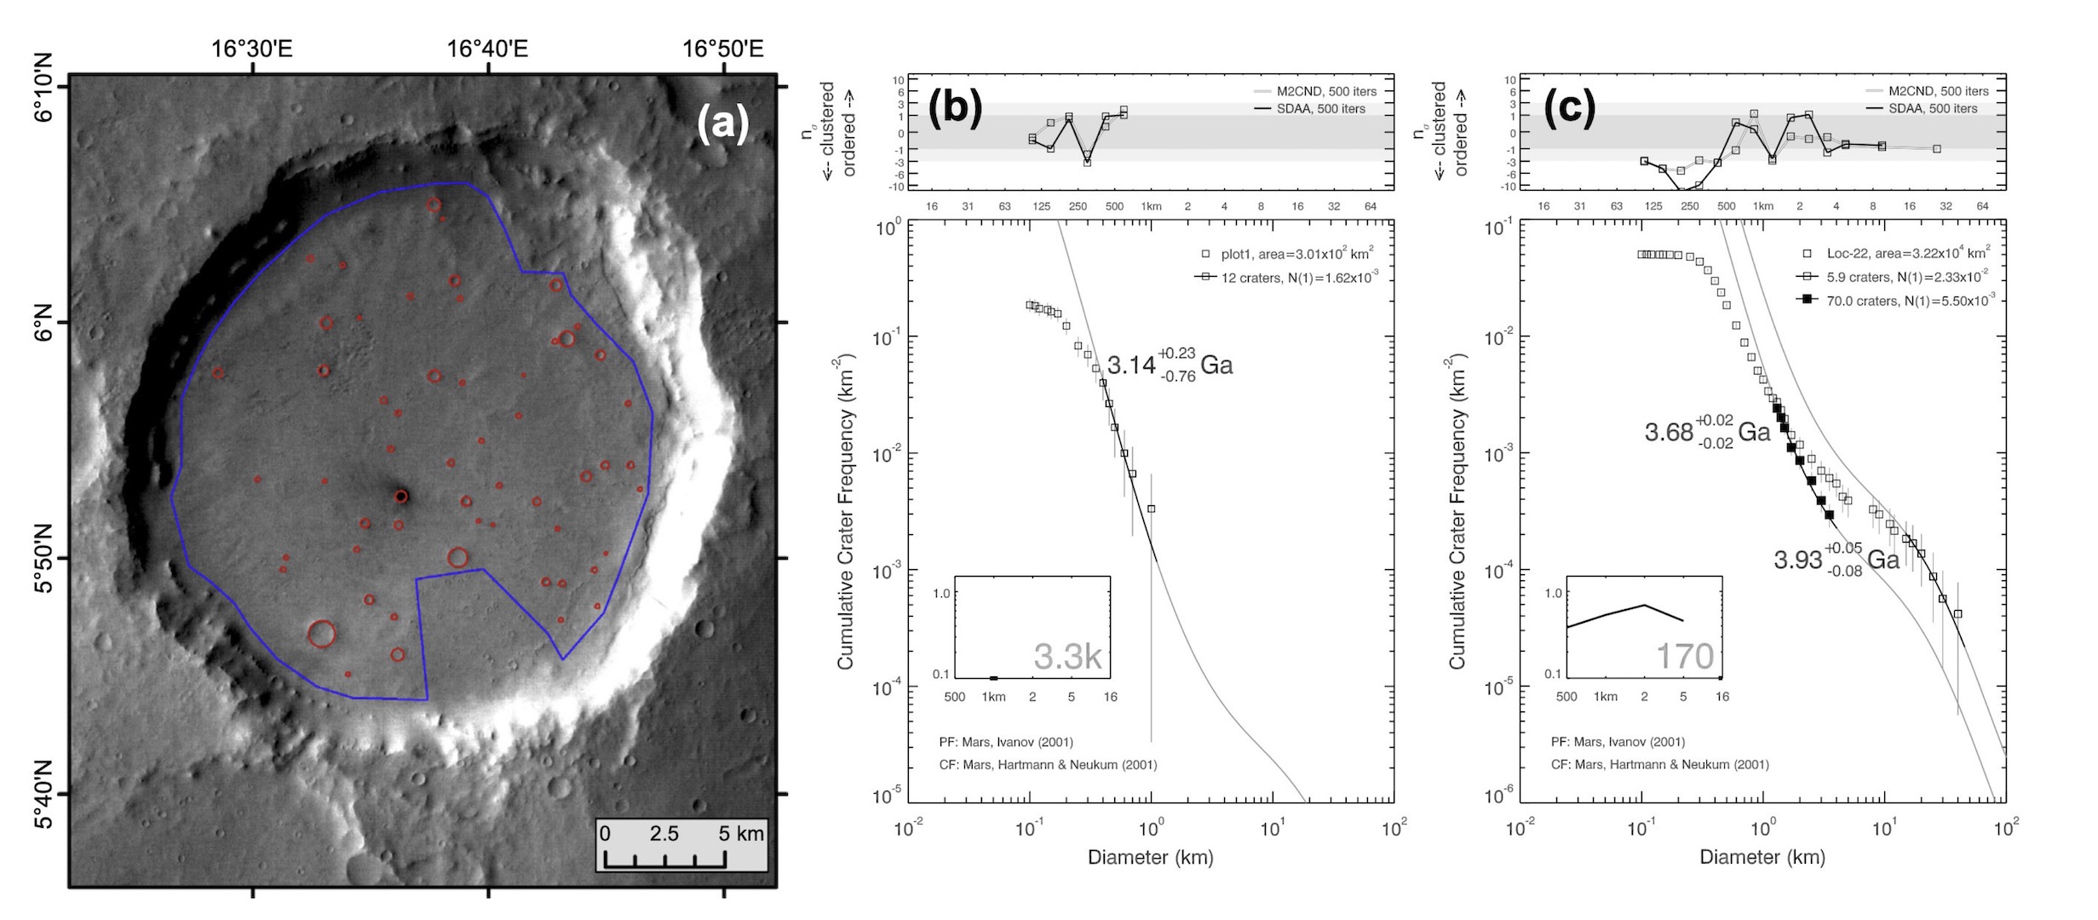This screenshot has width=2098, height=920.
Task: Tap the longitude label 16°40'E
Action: pos(487,49)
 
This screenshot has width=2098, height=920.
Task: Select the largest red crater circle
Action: pos(321,634)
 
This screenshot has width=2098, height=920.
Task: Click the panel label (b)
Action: pos(954,107)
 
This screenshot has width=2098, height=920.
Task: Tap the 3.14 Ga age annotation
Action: pos(1170,365)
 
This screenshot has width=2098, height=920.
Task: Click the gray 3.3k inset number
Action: pos(1067,657)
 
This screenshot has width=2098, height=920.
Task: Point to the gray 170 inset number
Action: pos(1684,657)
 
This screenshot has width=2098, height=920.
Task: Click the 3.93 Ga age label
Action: pos(1836,560)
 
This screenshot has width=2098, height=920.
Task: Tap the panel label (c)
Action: pos(1566,107)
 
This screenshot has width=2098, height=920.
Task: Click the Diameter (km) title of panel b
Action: pos(1150,858)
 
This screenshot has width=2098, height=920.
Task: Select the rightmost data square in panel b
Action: pos(1151,509)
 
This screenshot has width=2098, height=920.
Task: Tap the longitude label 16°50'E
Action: pos(722,49)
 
